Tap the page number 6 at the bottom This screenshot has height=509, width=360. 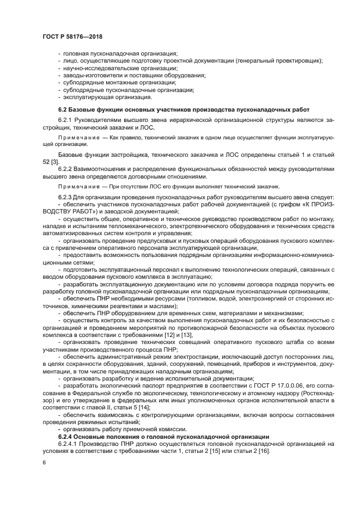[44, 462]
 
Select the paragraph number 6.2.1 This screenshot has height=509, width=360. [65, 119]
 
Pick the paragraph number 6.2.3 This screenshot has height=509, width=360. [65, 197]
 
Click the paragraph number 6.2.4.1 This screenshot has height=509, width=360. [68, 444]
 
